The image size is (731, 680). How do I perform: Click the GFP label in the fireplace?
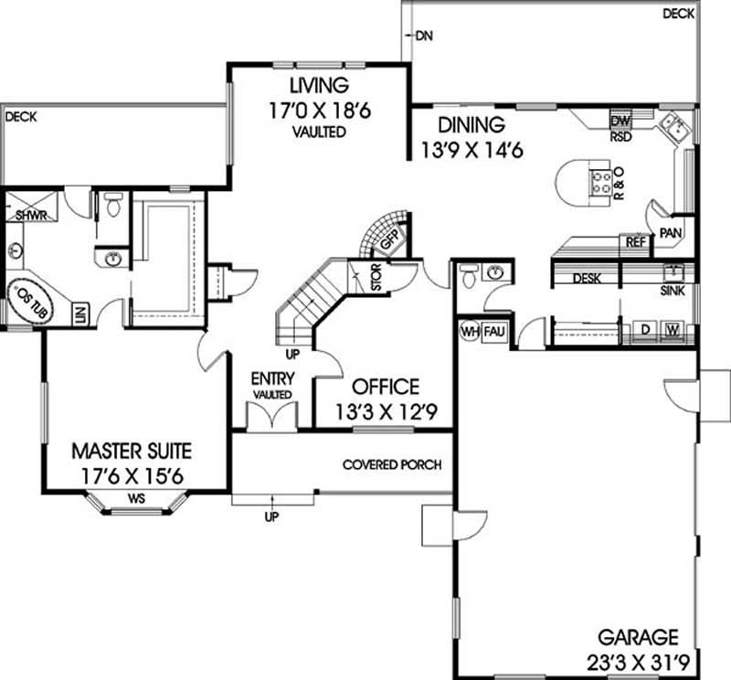click(389, 243)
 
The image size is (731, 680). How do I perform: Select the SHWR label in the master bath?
click(30, 216)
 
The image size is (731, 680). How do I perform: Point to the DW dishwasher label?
click(620, 121)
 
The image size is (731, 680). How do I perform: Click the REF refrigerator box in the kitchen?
click(633, 243)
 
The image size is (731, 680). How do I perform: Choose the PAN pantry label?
click(672, 233)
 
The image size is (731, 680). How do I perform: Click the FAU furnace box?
click(494, 330)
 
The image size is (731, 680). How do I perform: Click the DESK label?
click(586, 279)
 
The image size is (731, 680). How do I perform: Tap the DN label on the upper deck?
click(423, 37)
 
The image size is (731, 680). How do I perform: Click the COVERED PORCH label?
click(392, 464)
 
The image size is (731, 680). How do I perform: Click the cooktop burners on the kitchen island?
click(603, 183)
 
